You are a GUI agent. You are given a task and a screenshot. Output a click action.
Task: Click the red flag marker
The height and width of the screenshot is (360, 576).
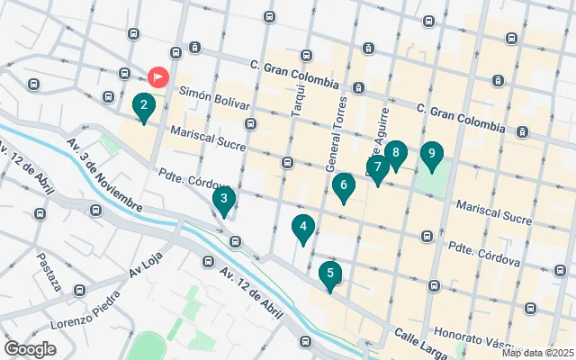click(x=158, y=78)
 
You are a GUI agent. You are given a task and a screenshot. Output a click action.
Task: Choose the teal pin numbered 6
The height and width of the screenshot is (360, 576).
click(x=343, y=187)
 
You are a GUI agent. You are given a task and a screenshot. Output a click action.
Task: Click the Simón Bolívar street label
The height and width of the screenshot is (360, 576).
click(x=214, y=98)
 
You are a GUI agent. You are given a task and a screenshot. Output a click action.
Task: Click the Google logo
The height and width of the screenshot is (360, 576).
click(x=30, y=348)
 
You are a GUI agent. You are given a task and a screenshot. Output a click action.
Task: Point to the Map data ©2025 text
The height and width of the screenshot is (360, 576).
click(x=536, y=353)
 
